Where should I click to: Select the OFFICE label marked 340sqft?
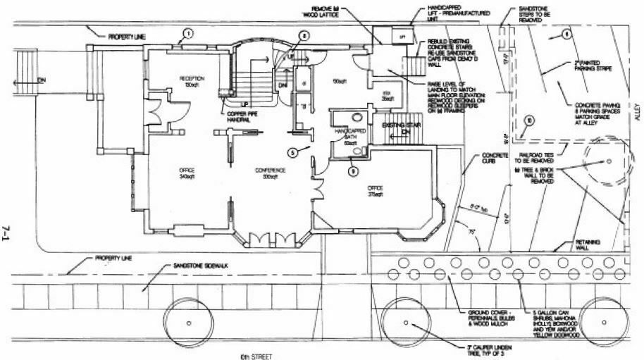point(187,173)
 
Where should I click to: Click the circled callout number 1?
point(187,32)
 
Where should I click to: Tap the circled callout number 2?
point(304,35)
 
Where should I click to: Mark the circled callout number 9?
point(353,170)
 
